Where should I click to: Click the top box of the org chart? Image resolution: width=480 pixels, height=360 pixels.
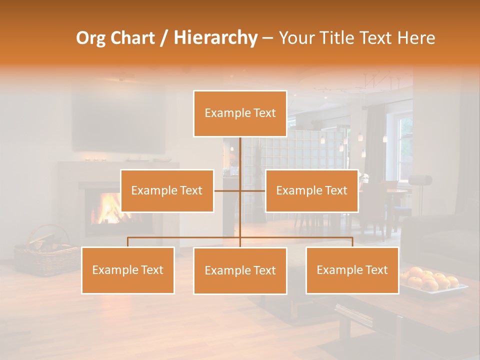coord(240,113)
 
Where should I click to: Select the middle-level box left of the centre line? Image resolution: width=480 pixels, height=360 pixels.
coord(167,190)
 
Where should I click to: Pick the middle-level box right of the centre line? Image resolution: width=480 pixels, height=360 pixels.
coord(311,190)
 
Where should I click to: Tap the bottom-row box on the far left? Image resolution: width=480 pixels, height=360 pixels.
coord(128,270)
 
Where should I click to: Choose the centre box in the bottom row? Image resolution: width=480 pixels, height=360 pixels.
coord(240,270)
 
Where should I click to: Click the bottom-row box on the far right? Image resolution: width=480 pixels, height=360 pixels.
coord(352,270)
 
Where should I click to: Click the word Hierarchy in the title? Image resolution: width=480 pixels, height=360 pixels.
coord(215,38)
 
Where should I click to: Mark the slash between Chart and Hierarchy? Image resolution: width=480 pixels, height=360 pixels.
coord(164,38)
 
